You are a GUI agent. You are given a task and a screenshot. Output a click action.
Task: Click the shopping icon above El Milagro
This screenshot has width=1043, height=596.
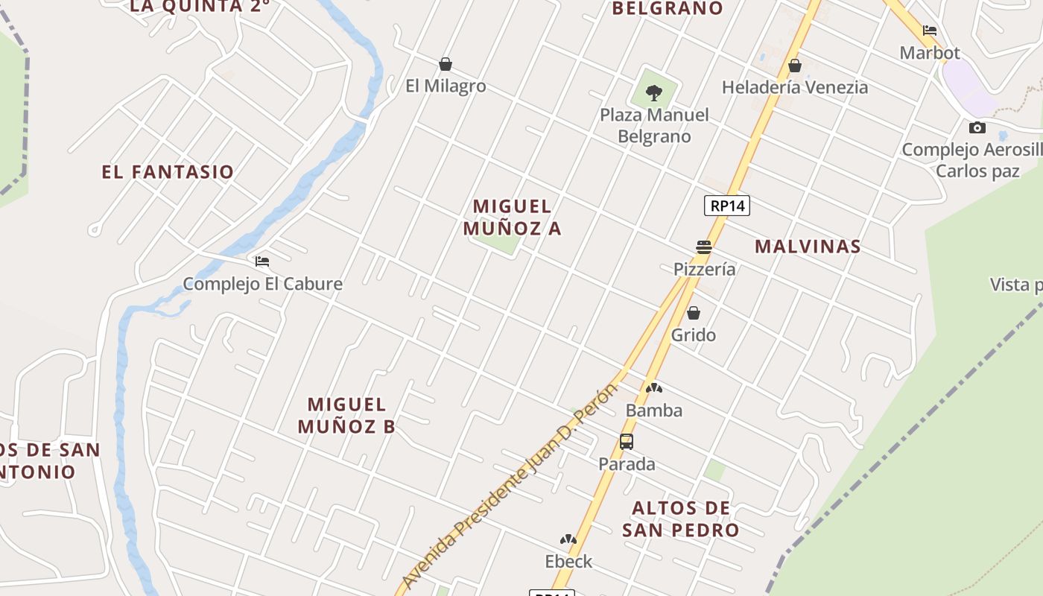pos(446,64)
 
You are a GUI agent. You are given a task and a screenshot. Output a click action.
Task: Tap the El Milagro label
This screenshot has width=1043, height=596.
pos(446,86)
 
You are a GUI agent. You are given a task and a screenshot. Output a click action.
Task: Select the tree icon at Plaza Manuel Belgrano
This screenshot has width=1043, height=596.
pos(654,93)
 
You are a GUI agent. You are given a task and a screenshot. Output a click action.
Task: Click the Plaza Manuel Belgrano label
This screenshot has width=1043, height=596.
pos(655,126)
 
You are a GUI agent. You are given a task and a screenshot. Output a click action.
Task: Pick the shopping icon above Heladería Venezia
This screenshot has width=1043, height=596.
pos(795,66)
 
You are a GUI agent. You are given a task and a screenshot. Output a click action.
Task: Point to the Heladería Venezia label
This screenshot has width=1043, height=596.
pos(795,87)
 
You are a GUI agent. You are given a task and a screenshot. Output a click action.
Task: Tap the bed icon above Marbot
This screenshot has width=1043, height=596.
pos(930,31)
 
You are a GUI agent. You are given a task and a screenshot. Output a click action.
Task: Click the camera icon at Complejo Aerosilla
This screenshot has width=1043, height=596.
pos(977,127)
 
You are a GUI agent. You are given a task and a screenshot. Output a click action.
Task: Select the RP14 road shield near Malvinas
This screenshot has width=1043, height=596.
pos(727,206)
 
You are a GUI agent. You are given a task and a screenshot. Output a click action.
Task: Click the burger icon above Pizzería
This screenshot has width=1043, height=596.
pos(704,247)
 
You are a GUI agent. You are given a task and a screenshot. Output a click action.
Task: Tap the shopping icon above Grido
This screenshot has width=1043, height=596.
pos(694,313)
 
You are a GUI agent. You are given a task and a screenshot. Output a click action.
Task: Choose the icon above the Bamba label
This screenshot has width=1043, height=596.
pos(653,388)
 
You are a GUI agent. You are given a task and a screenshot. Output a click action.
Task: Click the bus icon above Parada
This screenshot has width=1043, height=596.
pos(627,442)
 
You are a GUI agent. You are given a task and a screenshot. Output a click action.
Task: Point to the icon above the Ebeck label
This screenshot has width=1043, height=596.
pos(568,539)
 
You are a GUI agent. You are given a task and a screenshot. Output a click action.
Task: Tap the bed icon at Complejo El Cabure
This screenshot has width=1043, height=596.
pos(262,261)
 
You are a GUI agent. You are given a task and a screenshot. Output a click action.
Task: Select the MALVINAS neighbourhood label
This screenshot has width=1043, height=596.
pos(808,247)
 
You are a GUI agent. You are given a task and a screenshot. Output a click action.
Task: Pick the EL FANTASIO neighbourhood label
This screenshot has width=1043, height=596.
pos(168,172)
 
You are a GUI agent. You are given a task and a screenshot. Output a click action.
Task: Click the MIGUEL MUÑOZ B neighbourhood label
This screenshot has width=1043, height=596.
pos(347,416)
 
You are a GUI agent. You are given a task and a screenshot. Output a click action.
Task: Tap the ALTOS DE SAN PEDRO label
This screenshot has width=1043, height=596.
pos(680,519)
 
